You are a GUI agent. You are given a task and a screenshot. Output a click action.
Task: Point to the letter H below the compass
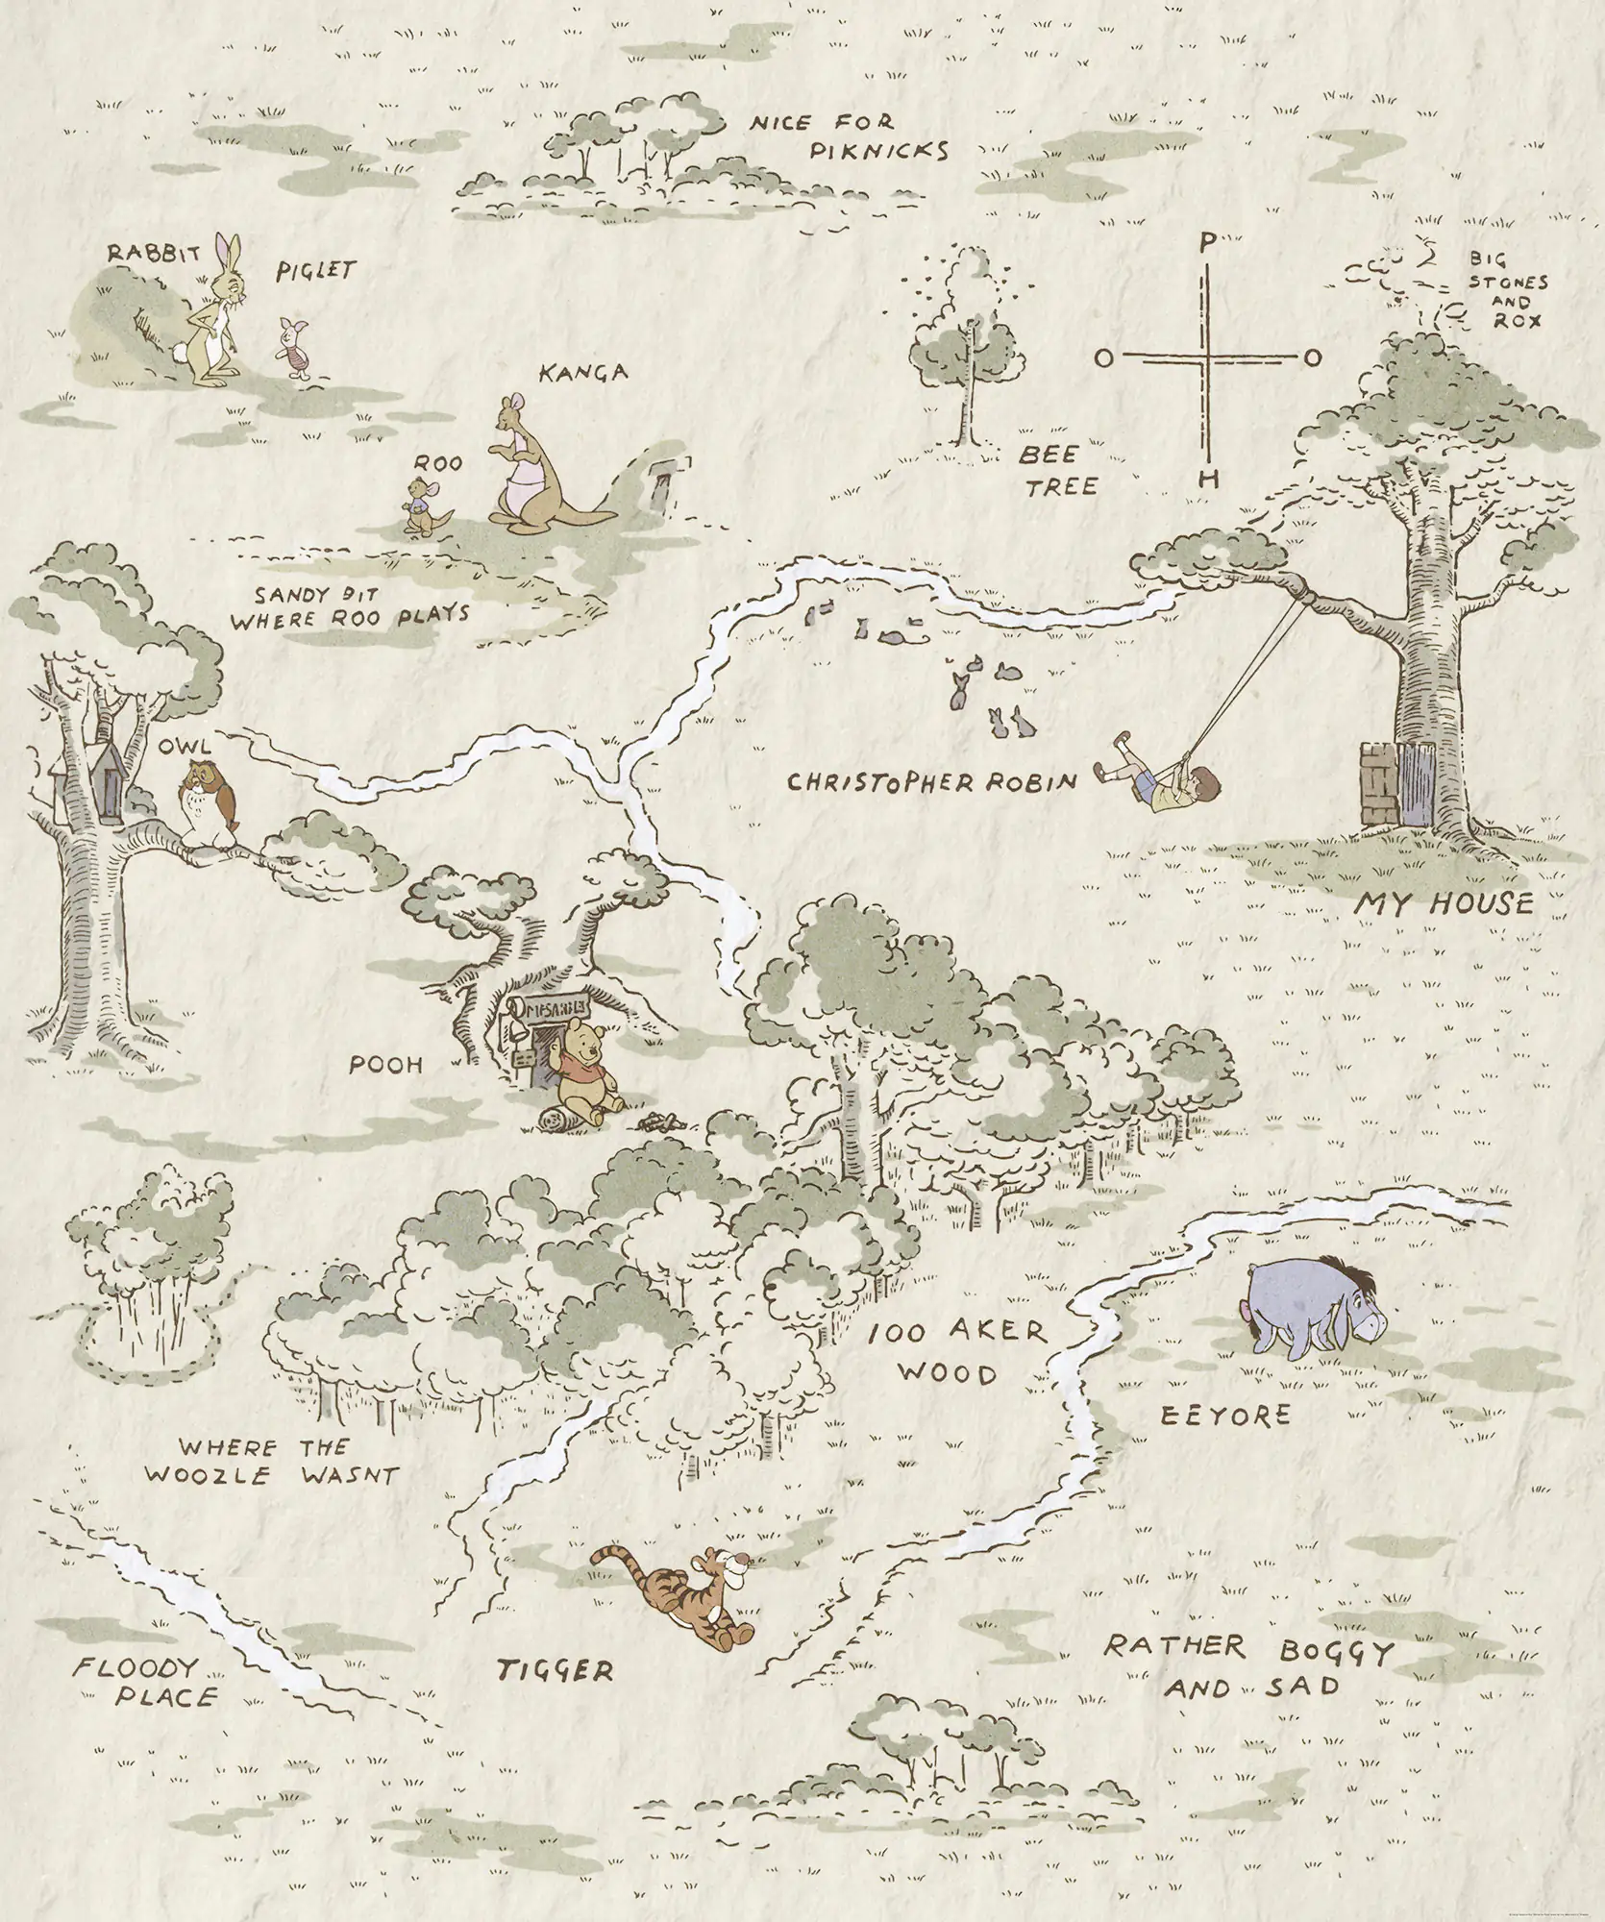pyautogui.click(x=1210, y=478)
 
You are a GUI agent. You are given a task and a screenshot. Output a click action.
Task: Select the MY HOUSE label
pyautogui.click(x=1444, y=904)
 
